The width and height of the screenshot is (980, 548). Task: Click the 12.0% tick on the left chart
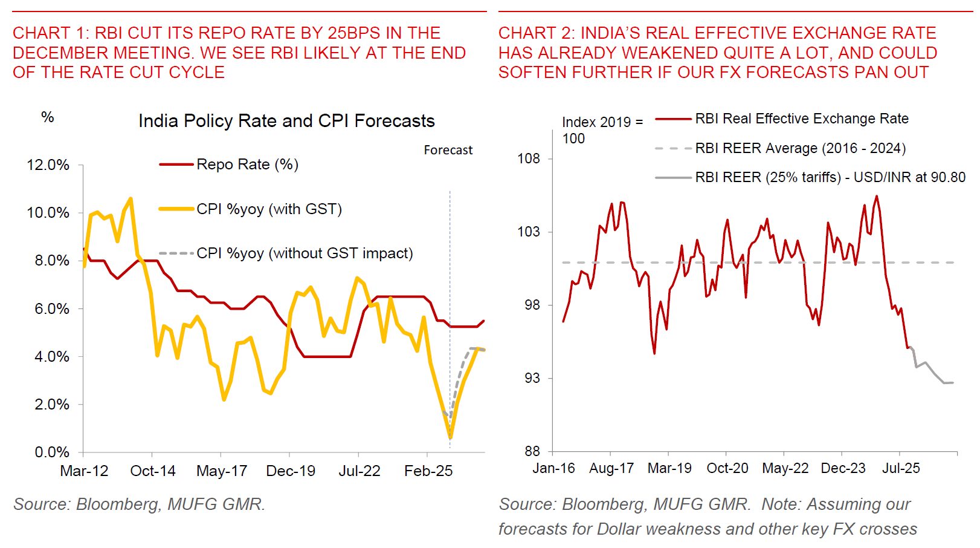pos(48,165)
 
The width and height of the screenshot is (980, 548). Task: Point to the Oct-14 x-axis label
pos(153,471)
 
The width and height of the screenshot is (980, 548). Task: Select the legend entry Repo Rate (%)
pos(247,165)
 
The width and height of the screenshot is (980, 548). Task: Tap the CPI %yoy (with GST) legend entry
pos(269,209)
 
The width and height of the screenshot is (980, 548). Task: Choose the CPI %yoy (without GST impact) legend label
pos(305,253)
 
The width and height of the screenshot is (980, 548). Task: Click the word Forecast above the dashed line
pos(448,150)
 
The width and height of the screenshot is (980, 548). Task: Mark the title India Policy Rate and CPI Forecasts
pos(286,121)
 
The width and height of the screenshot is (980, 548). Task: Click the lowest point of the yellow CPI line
pos(450,436)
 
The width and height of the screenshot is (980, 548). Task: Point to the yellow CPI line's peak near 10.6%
pos(131,198)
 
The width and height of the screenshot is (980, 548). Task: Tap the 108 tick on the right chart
pos(529,158)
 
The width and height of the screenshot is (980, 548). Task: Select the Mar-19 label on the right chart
pos(669,468)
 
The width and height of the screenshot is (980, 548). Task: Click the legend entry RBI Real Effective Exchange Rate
pos(801,119)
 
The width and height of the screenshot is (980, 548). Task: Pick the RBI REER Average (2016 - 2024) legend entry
pos(800,148)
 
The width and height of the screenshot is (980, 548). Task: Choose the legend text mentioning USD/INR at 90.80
pos(830,177)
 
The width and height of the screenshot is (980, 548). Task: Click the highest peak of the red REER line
pos(877,196)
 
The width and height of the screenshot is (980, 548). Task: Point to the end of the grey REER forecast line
pos(953,382)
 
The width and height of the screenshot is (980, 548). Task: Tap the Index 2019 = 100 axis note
pos(602,130)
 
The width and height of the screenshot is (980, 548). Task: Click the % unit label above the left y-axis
pos(48,117)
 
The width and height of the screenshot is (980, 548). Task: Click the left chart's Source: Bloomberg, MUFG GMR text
pos(140,504)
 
